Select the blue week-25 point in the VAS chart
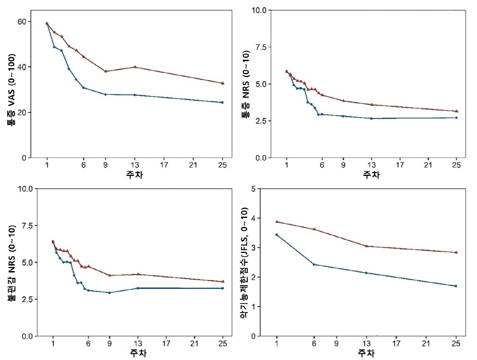[x=222, y=102]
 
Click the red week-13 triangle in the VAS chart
[x=135, y=67]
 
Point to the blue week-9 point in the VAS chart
[x=105, y=94]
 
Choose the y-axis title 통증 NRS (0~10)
[x=246, y=84]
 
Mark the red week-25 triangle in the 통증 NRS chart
[x=457, y=111]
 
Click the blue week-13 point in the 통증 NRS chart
[x=371, y=118]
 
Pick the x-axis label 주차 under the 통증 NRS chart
[x=371, y=175]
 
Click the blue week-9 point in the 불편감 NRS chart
[x=109, y=293]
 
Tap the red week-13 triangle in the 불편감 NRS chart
[x=138, y=274]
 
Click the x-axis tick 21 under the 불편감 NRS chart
[x=195, y=344]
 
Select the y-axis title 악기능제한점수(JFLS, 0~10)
[x=246, y=263]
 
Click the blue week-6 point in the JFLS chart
[x=314, y=264]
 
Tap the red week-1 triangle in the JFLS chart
[x=277, y=222]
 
